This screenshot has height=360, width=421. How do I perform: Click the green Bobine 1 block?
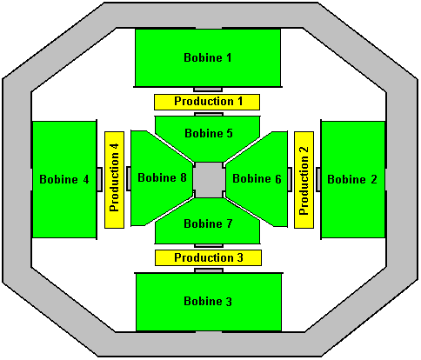point(208,57)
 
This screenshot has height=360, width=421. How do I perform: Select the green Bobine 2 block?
point(353,180)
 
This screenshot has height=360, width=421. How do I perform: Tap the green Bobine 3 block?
point(209,302)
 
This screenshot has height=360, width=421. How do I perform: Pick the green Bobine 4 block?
point(64,180)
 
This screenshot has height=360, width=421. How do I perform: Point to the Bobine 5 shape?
point(208,137)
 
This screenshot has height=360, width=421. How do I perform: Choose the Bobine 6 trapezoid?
point(257,179)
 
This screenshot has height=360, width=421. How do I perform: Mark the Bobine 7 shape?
point(208,223)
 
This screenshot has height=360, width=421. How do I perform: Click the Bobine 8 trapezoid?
point(161,178)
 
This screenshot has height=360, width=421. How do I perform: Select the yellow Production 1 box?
point(207,102)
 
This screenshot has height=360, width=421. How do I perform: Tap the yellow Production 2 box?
point(304,180)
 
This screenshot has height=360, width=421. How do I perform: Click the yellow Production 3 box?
point(208,257)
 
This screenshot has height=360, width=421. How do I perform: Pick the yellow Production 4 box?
point(114,180)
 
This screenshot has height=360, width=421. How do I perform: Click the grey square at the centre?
point(209,180)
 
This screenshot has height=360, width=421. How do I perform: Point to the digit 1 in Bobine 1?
point(229,57)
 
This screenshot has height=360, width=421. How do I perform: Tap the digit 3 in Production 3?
point(240,257)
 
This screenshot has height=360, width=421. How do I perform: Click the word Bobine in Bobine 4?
point(58,179)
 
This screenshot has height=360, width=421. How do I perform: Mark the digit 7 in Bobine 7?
point(229,223)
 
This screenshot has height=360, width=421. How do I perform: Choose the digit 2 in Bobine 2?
point(374,179)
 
